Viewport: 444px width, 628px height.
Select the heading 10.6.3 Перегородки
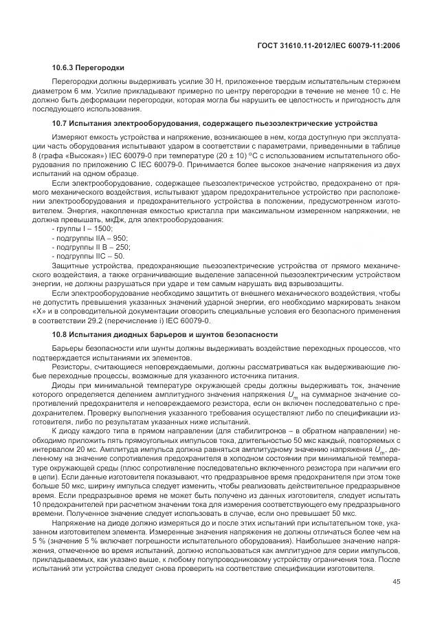click(87, 67)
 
